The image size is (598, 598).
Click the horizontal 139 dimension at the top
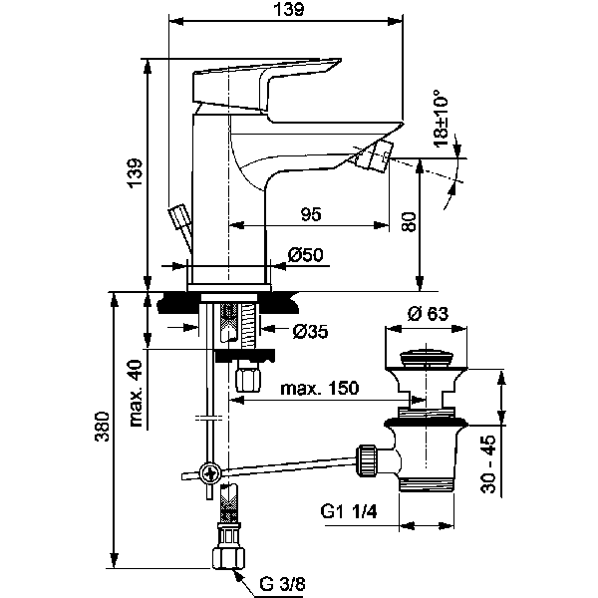(288, 9)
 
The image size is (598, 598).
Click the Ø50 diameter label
(304, 256)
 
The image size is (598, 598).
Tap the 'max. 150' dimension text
(319, 389)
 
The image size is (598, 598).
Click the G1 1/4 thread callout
(350, 512)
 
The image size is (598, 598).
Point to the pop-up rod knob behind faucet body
(181, 218)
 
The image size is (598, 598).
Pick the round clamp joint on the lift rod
(207, 473)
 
